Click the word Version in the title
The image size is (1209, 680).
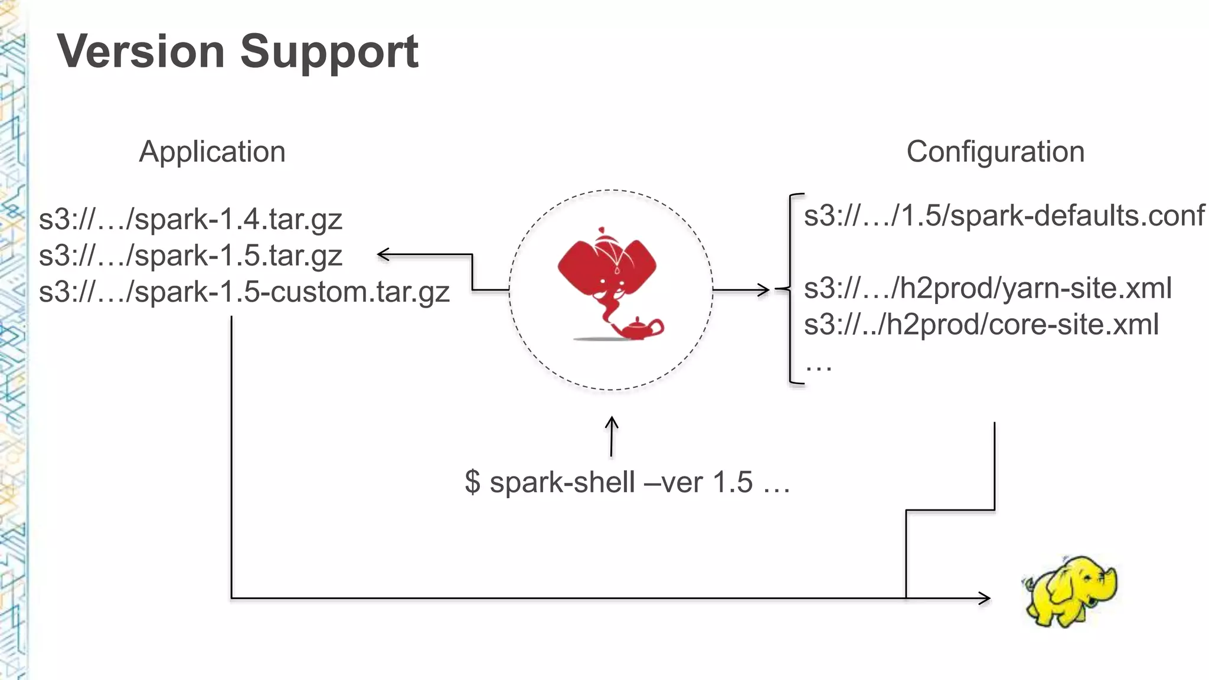(x=140, y=51)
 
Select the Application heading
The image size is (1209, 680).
(x=212, y=152)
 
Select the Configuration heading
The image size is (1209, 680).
(x=995, y=152)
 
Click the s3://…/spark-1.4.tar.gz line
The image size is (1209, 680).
(x=190, y=220)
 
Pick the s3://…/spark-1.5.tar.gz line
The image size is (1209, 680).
(x=190, y=256)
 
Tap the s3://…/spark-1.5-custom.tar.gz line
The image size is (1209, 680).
(x=244, y=292)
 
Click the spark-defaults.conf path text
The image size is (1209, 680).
(x=1004, y=215)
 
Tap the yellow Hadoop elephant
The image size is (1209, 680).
(x=1070, y=590)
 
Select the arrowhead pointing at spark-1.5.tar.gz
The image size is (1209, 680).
(x=383, y=254)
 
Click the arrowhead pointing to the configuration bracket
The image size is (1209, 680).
(x=764, y=290)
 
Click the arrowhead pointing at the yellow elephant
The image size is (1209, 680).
(x=984, y=598)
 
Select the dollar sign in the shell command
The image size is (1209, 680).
(x=472, y=482)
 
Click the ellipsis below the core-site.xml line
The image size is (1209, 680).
(x=819, y=367)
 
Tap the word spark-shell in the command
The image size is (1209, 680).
(x=562, y=482)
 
